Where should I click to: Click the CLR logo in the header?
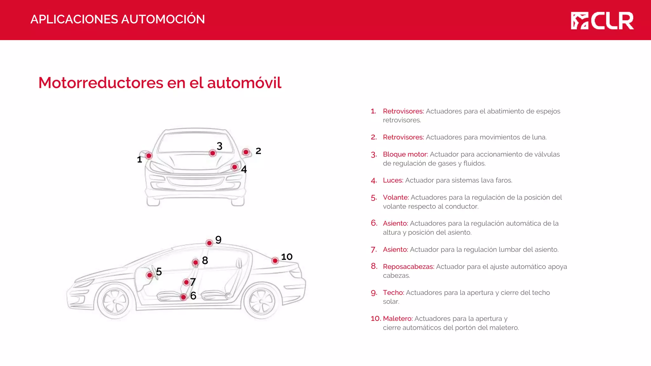(x=602, y=21)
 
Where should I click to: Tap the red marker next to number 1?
(x=149, y=156)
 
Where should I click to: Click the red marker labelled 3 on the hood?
(x=213, y=153)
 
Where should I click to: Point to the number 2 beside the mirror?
(x=258, y=151)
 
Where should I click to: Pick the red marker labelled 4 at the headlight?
(x=235, y=167)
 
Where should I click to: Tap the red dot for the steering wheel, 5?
(x=149, y=275)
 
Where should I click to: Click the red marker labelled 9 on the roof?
(x=209, y=243)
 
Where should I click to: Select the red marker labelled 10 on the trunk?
(x=275, y=261)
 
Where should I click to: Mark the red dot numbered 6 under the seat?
(x=183, y=297)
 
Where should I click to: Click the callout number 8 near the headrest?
(x=205, y=261)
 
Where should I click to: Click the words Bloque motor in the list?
(x=405, y=154)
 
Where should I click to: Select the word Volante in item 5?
(x=396, y=197)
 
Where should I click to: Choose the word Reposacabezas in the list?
(x=408, y=267)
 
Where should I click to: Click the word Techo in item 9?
(x=393, y=293)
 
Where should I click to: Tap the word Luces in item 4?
(x=393, y=180)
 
